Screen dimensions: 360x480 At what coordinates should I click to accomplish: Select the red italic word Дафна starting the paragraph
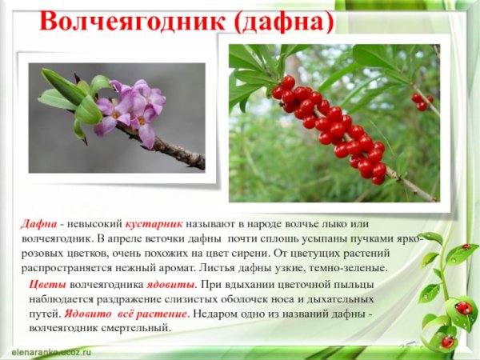[x=35, y=226]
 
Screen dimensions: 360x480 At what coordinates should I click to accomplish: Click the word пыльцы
[x=354, y=284]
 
